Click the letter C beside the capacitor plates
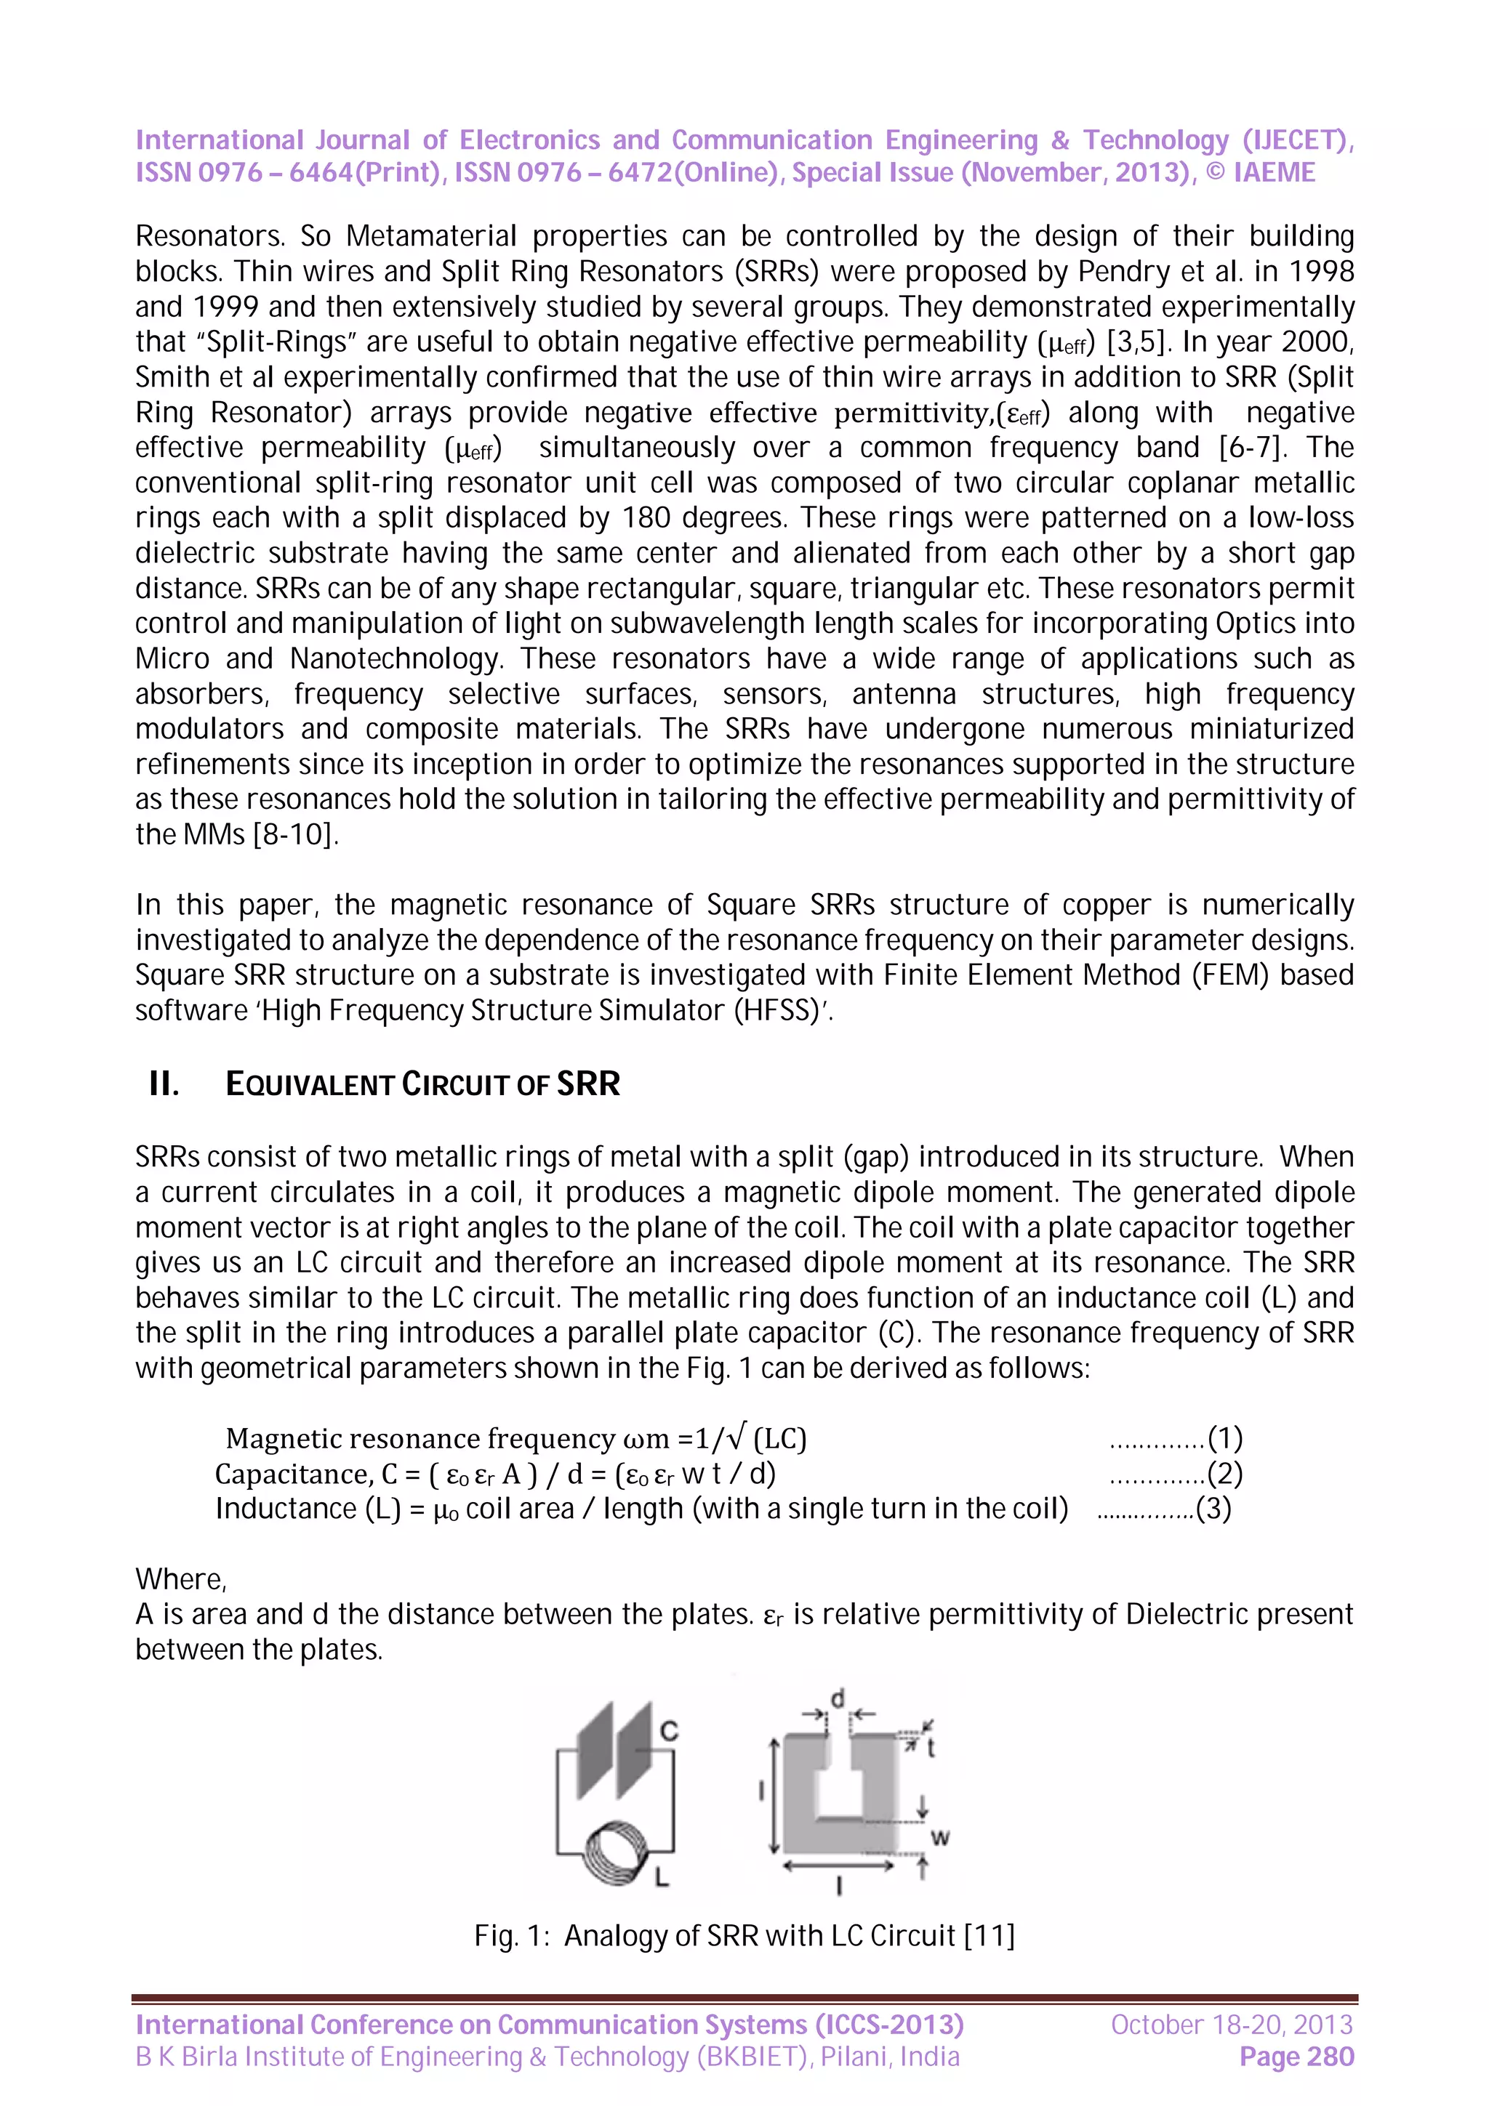click(x=669, y=1731)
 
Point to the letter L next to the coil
click(x=662, y=1879)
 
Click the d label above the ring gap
click(x=837, y=1699)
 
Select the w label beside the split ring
click(x=939, y=1837)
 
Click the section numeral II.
click(x=164, y=1084)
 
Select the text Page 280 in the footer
click(x=1296, y=2057)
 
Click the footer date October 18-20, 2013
click(x=1231, y=2025)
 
